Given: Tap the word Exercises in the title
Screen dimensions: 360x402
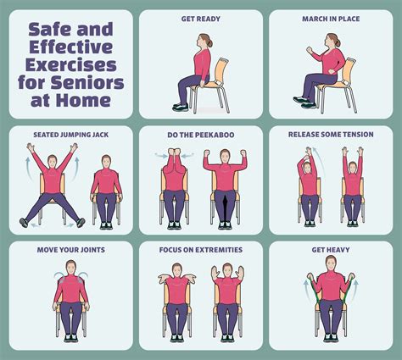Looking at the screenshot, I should [71, 64].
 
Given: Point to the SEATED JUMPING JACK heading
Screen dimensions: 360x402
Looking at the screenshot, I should [70, 135].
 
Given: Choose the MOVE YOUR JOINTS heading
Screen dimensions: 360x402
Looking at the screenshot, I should [70, 250].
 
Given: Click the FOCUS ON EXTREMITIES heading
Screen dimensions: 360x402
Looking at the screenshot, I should [200, 250].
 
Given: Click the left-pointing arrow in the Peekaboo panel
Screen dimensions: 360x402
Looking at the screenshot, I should [159, 155].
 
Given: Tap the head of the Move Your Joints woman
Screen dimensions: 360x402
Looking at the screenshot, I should [70, 270].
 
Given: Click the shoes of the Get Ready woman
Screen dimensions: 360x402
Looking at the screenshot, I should [180, 107].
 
